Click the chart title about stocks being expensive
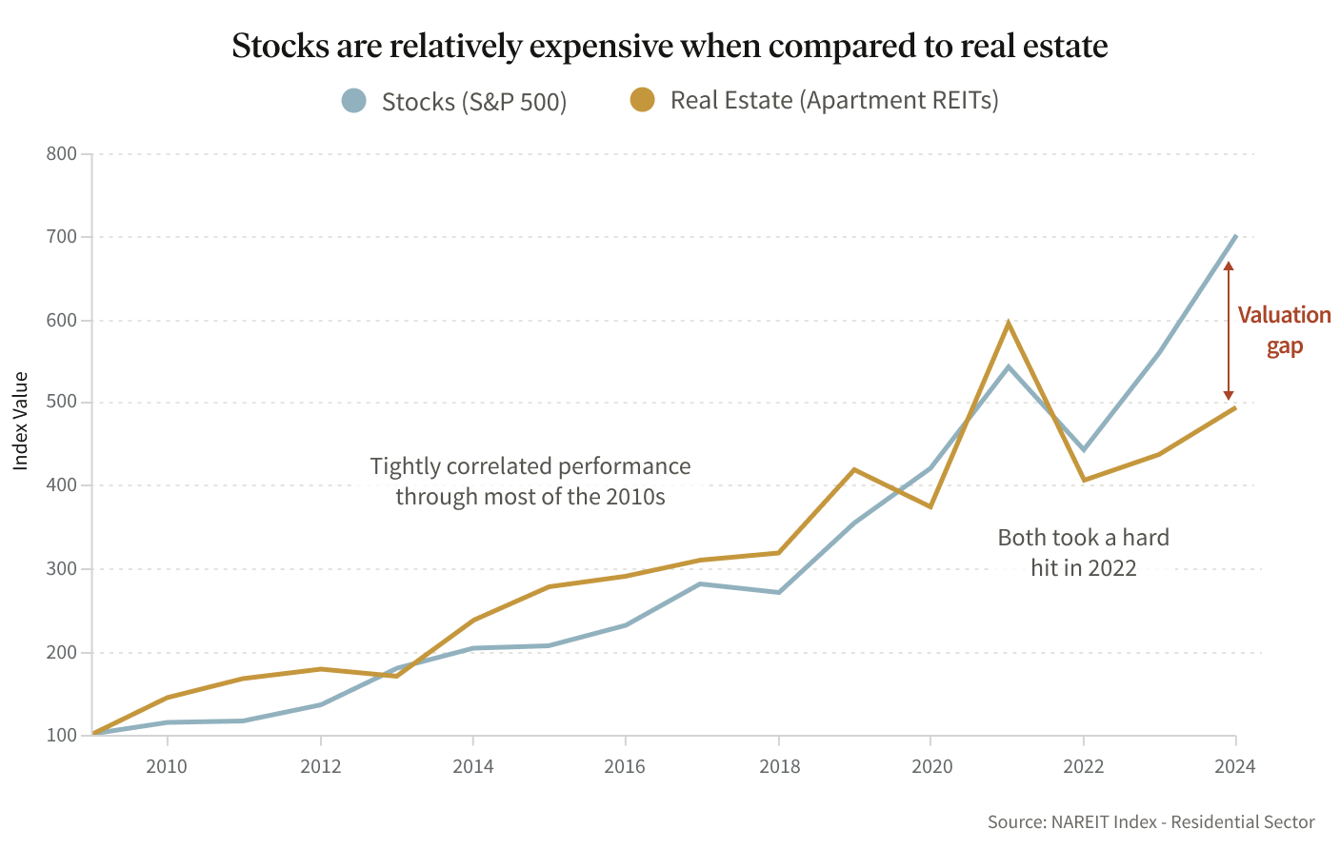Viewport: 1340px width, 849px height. tap(670, 46)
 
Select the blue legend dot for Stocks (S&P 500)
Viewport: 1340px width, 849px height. tap(354, 101)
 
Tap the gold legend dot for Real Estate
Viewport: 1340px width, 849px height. tap(643, 100)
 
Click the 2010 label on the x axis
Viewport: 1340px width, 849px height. tap(167, 767)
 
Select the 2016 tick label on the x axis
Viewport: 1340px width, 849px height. tap(625, 767)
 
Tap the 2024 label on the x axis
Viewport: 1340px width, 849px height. tap(1235, 767)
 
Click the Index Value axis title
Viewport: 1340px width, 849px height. tap(21, 421)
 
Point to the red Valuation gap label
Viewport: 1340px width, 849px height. tap(1284, 330)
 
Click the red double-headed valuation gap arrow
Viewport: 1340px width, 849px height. tap(1229, 330)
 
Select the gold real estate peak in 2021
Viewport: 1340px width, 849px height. tap(1008, 324)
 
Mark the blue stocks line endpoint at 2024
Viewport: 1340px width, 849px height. tap(1235, 236)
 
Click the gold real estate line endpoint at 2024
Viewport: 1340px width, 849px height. tap(1235, 408)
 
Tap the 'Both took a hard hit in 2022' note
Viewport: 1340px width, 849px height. tap(1084, 553)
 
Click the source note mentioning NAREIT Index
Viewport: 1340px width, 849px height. tap(1150, 822)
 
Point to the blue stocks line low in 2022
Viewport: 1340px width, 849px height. tap(1084, 449)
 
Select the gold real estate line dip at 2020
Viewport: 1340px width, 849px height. tap(930, 506)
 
